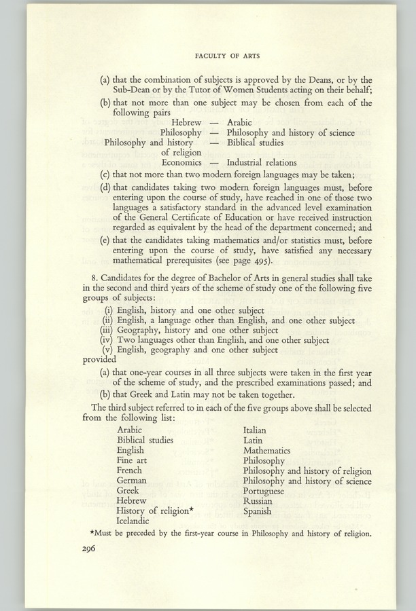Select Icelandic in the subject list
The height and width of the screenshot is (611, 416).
pos(136,521)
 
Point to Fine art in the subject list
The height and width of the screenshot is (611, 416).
pos(132,460)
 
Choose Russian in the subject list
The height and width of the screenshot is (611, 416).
pos(260,501)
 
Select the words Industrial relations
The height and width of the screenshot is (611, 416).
pos(262,163)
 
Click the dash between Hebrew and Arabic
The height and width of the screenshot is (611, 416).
pos(213,122)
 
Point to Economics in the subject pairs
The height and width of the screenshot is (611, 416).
pos(181,163)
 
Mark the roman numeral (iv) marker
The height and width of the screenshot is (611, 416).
pos(106,340)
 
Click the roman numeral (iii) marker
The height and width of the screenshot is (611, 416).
pos(106,330)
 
